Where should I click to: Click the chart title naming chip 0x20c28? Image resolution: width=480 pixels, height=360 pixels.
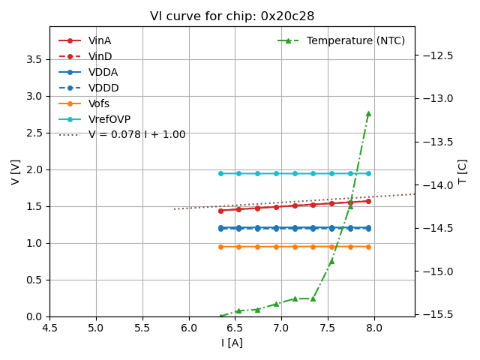click(x=232, y=16)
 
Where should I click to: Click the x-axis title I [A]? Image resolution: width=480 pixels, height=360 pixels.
click(x=232, y=343)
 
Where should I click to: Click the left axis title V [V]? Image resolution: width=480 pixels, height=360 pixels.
click(x=16, y=172)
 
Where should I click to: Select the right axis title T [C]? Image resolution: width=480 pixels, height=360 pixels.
click(x=463, y=172)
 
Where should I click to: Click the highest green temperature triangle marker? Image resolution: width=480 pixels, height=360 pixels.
click(x=368, y=113)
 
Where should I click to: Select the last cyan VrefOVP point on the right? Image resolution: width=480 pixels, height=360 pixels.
click(x=368, y=173)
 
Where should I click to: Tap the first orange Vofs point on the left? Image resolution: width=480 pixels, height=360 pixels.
click(x=220, y=247)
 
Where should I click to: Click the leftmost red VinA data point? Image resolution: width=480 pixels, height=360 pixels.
click(x=220, y=211)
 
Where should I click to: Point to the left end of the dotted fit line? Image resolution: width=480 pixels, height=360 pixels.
click(x=174, y=208)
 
